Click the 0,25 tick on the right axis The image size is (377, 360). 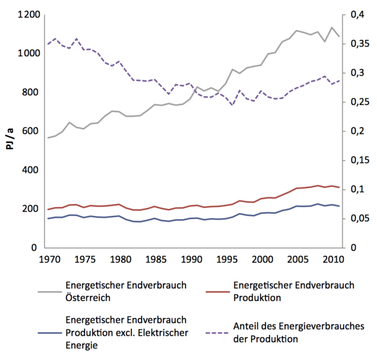point(360,102)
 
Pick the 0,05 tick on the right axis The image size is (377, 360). point(360,218)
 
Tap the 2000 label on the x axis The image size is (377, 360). point(261,260)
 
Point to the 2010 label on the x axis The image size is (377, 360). point(332,260)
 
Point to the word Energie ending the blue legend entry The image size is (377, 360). point(81,346)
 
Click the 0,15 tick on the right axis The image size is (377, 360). point(360,160)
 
